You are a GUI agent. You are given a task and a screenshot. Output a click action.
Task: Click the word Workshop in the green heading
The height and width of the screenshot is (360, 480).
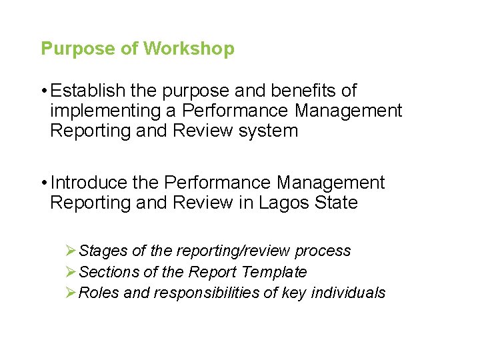[x=189, y=49]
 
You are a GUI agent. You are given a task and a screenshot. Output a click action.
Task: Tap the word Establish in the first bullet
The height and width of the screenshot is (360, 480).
[x=84, y=91]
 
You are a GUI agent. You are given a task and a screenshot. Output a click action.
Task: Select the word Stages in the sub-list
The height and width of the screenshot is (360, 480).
[x=103, y=251]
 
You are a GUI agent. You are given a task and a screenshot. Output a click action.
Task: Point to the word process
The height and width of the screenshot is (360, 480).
[x=323, y=251]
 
